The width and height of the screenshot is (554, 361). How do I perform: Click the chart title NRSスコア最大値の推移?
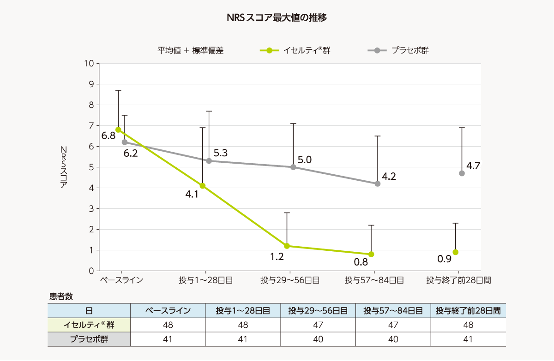tap(277, 18)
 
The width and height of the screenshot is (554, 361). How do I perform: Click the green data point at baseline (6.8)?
tap(118, 130)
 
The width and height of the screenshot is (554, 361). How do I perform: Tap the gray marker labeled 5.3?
tap(209, 161)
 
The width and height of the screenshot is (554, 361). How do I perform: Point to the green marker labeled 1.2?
tap(287, 246)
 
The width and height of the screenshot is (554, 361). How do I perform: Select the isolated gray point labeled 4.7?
tap(462, 173)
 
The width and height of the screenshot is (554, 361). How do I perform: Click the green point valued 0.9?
tap(456, 252)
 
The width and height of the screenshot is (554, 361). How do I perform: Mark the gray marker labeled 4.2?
tap(378, 183)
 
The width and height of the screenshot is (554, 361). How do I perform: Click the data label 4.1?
tap(192, 195)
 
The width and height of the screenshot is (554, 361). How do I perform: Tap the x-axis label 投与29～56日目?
tap(289, 280)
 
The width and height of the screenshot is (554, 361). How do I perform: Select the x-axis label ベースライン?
tap(121, 280)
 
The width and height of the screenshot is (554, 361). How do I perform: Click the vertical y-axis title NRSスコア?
tap(64, 167)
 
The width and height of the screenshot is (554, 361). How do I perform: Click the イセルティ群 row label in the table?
tap(89, 325)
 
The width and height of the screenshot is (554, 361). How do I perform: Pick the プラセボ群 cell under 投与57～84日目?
tap(393, 339)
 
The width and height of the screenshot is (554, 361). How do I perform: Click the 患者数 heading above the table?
tap(61, 296)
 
